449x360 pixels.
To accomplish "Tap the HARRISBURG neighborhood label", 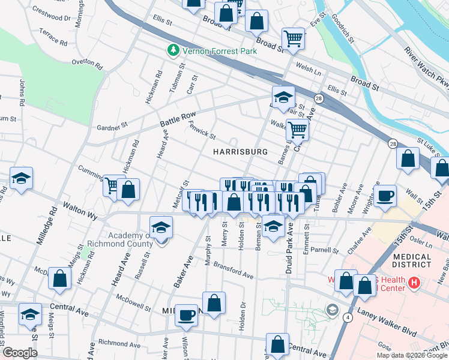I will [240, 152].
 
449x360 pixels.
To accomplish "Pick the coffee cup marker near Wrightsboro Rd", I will [384, 195].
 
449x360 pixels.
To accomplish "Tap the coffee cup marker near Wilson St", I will [187, 314].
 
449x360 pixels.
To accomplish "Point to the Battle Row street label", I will [178, 119].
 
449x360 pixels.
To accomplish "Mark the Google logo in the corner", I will [20, 353].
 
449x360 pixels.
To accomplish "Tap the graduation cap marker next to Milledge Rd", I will [21, 178].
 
